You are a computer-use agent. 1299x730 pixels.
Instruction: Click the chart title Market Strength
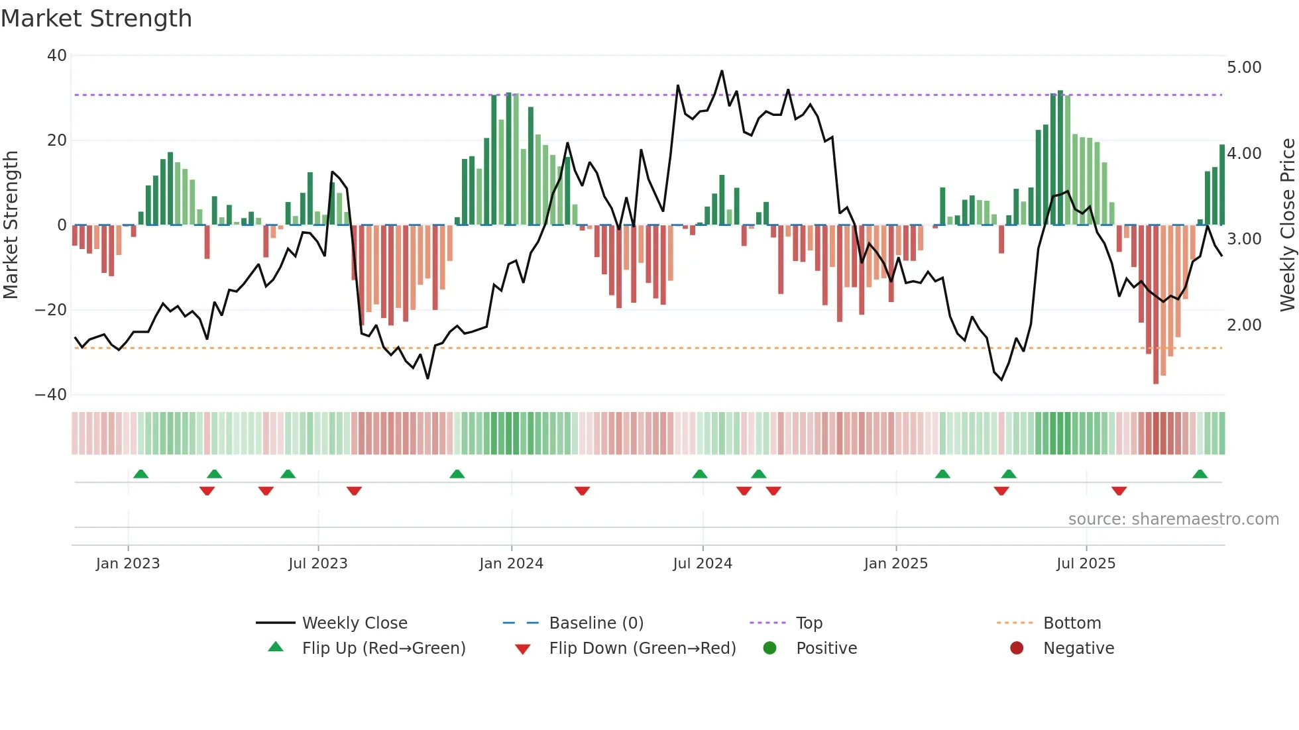click(x=96, y=19)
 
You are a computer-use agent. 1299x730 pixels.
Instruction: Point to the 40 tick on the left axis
click(x=57, y=56)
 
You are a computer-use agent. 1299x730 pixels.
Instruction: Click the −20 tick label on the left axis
click(x=51, y=310)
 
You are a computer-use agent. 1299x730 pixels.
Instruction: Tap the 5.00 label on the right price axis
click(x=1244, y=68)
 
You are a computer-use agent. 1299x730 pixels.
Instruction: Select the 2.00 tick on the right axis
click(x=1244, y=325)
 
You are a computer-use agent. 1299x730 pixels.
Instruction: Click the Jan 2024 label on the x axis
click(x=511, y=564)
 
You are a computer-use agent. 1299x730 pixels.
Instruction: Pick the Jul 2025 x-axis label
click(x=1086, y=564)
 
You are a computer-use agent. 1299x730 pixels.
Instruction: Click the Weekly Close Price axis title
click(x=1287, y=225)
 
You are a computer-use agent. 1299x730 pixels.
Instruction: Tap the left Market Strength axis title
click(x=11, y=225)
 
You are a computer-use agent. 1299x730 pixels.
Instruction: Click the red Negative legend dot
click(x=1017, y=649)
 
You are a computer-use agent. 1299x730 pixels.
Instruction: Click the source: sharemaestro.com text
click(x=1173, y=519)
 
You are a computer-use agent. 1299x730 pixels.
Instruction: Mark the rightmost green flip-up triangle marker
click(x=1200, y=474)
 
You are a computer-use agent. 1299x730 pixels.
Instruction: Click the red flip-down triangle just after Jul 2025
click(x=1119, y=491)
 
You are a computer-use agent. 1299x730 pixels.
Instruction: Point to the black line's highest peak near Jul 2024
click(x=722, y=71)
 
